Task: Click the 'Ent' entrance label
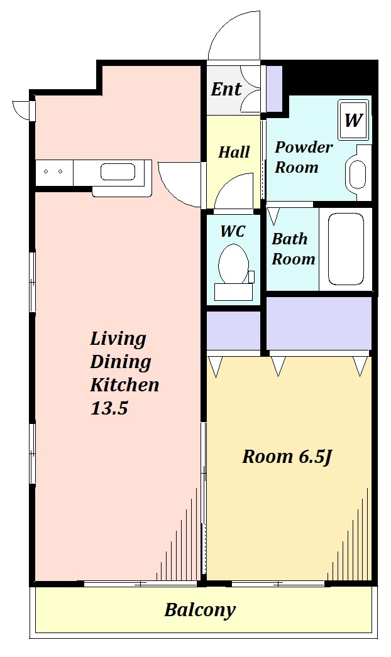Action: coord(226,89)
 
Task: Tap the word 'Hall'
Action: coord(234,151)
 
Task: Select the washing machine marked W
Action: coord(353,120)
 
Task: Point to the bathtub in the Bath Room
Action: coord(346,249)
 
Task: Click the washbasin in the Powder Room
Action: coord(358,173)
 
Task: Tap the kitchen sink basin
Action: coord(118,172)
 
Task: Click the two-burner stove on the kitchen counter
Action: coord(53,172)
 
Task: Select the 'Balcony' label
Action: coord(200,610)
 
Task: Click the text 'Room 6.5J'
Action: coord(287,456)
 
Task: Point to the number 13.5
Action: coord(109,407)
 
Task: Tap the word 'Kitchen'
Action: coord(124,384)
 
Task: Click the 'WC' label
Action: coord(233,231)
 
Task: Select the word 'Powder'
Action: coord(304,148)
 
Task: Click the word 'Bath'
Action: coord(289,239)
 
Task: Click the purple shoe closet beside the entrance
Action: coord(274,88)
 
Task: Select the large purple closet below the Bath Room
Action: coord(319,323)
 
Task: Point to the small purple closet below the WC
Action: coord(233,331)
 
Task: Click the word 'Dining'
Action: coord(121,362)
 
